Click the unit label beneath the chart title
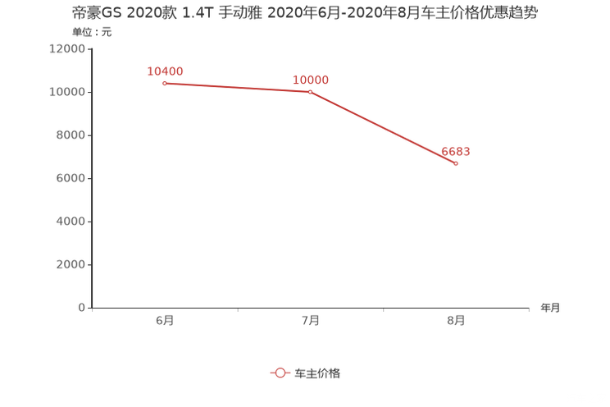pos(91,33)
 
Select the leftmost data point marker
pos(165,83)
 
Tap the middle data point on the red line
pos(310,91)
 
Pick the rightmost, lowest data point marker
pos(455,163)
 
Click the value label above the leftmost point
pos(165,71)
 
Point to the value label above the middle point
pos(311,80)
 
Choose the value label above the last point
pos(456,152)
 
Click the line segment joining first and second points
pos(238,87)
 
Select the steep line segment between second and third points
pos(383,127)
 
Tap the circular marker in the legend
pos(280,373)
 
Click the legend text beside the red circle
pos(317,373)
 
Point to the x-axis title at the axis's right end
pos(550,309)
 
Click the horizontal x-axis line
pos(312,309)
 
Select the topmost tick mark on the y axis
pos(89,48)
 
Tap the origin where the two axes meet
pos(91,309)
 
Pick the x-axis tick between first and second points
pos(238,310)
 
